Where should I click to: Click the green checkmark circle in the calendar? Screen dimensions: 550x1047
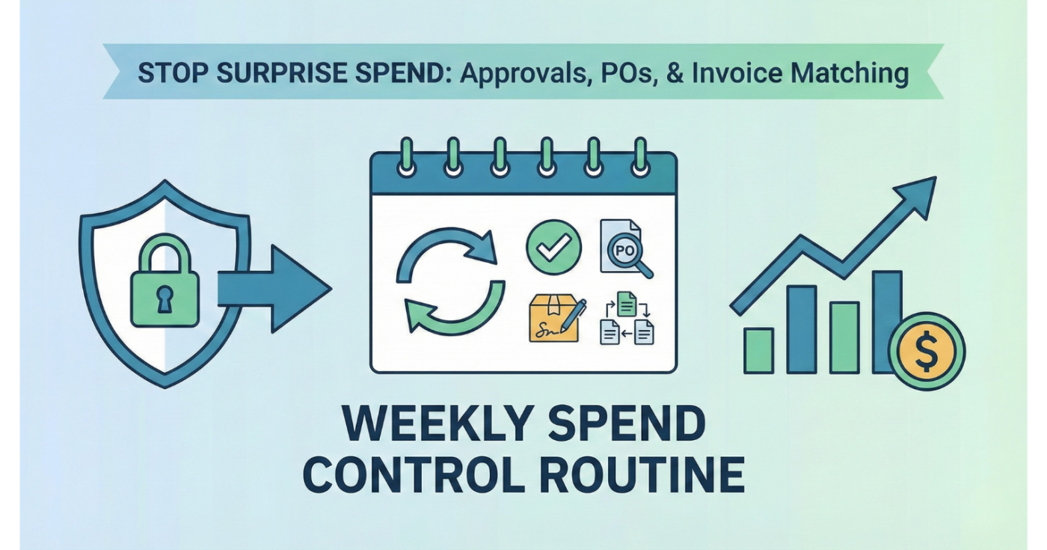[554, 246]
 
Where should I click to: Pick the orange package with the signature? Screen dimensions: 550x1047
[556, 319]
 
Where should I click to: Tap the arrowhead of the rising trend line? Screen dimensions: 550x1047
[921, 193]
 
